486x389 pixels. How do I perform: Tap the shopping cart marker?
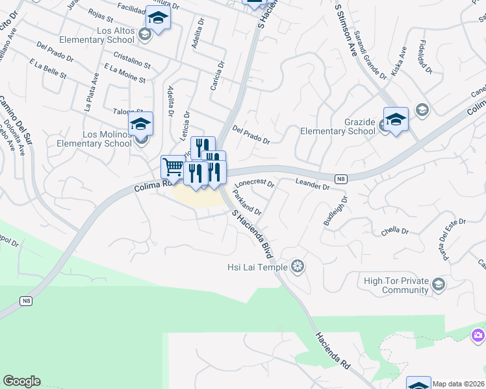pos(172,167)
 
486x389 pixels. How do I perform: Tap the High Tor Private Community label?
pos(396,285)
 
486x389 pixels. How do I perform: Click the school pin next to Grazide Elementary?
pos(396,119)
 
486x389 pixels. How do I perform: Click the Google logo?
pos(21,381)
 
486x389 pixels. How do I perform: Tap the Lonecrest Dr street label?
pos(255,183)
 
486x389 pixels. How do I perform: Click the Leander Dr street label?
pos(313,185)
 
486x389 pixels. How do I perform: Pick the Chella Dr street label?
pos(394,231)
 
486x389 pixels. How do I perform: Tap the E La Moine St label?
pos(124,73)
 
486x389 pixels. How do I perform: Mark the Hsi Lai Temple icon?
pos(298,266)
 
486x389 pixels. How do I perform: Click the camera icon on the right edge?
pos(478,335)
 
